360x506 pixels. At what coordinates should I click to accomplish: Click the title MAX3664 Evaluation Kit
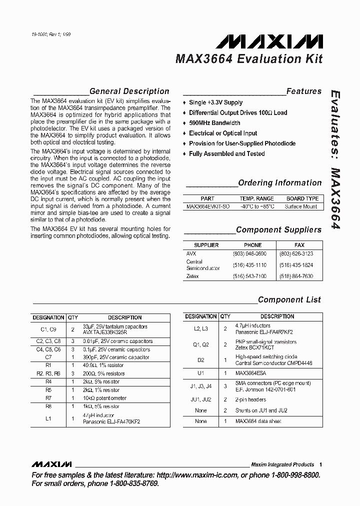coord(248,59)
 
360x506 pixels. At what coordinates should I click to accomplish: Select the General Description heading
coord(129,91)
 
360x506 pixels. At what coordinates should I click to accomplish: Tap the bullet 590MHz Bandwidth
coord(214,123)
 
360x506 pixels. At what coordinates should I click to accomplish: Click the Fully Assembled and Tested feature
coord(226,153)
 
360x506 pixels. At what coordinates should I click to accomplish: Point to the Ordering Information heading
coord(279,183)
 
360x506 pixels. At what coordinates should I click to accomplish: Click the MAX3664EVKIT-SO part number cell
coord(207,206)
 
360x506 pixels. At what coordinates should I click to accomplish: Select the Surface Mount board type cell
coord(301,206)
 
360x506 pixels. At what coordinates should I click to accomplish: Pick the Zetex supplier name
coord(192,276)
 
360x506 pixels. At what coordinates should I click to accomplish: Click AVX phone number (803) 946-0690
coord(249,253)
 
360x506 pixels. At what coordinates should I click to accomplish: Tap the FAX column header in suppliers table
coord(299,245)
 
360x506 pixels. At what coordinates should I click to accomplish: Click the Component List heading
coord(289,300)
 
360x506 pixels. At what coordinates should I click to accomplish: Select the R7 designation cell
coord(48,398)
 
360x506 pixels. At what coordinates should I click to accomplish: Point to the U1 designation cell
coord(200,373)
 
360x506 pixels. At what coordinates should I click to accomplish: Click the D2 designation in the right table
coord(200,360)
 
